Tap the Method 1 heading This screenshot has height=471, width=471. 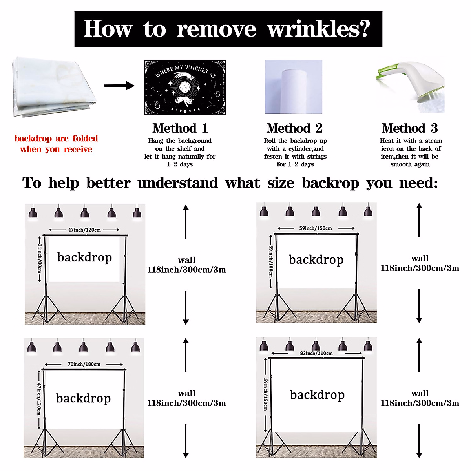pos(180,128)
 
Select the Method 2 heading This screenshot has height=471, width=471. pos(294,128)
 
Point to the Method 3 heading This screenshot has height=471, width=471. pos(409,128)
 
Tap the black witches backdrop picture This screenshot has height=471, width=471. pos(185,87)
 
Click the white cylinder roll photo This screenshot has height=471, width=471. pos(293,87)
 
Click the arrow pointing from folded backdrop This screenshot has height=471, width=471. pos(119,86)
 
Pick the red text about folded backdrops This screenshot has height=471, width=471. pos(56,144)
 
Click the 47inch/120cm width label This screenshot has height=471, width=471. pos(84,230)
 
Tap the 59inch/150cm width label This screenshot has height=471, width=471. pos(316,228)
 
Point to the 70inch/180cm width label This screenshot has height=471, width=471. pos(84,364)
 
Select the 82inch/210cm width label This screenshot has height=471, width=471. pos(316,353)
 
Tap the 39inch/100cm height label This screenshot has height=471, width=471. pos(270,261)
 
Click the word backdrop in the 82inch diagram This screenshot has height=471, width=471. pos(317,395)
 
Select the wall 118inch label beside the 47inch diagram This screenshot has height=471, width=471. pos(186,265)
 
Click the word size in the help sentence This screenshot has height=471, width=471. pos(280,183)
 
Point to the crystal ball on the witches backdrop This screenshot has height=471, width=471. pos(184,87)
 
